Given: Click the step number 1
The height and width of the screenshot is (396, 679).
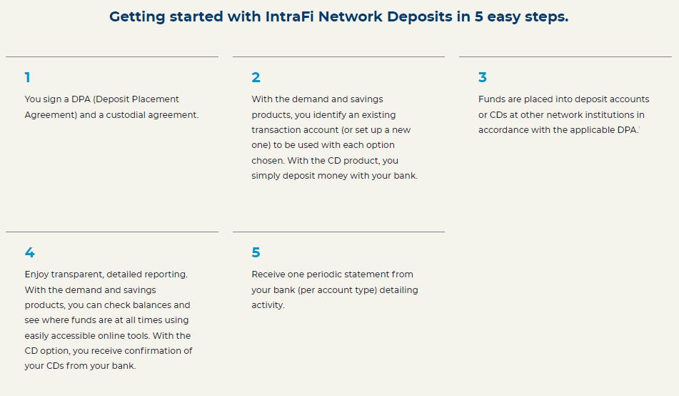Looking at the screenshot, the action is tap(27, 78).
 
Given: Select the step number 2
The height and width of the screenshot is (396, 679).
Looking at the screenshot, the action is tap(256, 78).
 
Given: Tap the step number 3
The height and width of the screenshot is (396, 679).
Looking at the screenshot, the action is tap(483, 78).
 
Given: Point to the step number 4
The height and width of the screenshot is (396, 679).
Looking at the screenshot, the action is tap(29, 253).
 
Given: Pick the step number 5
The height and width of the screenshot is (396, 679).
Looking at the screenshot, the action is tap(256, 253).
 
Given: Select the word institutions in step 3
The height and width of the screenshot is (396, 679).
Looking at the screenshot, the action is tap(609, 114).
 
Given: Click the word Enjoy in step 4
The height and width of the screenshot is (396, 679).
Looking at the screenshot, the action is tap(37, 274).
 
